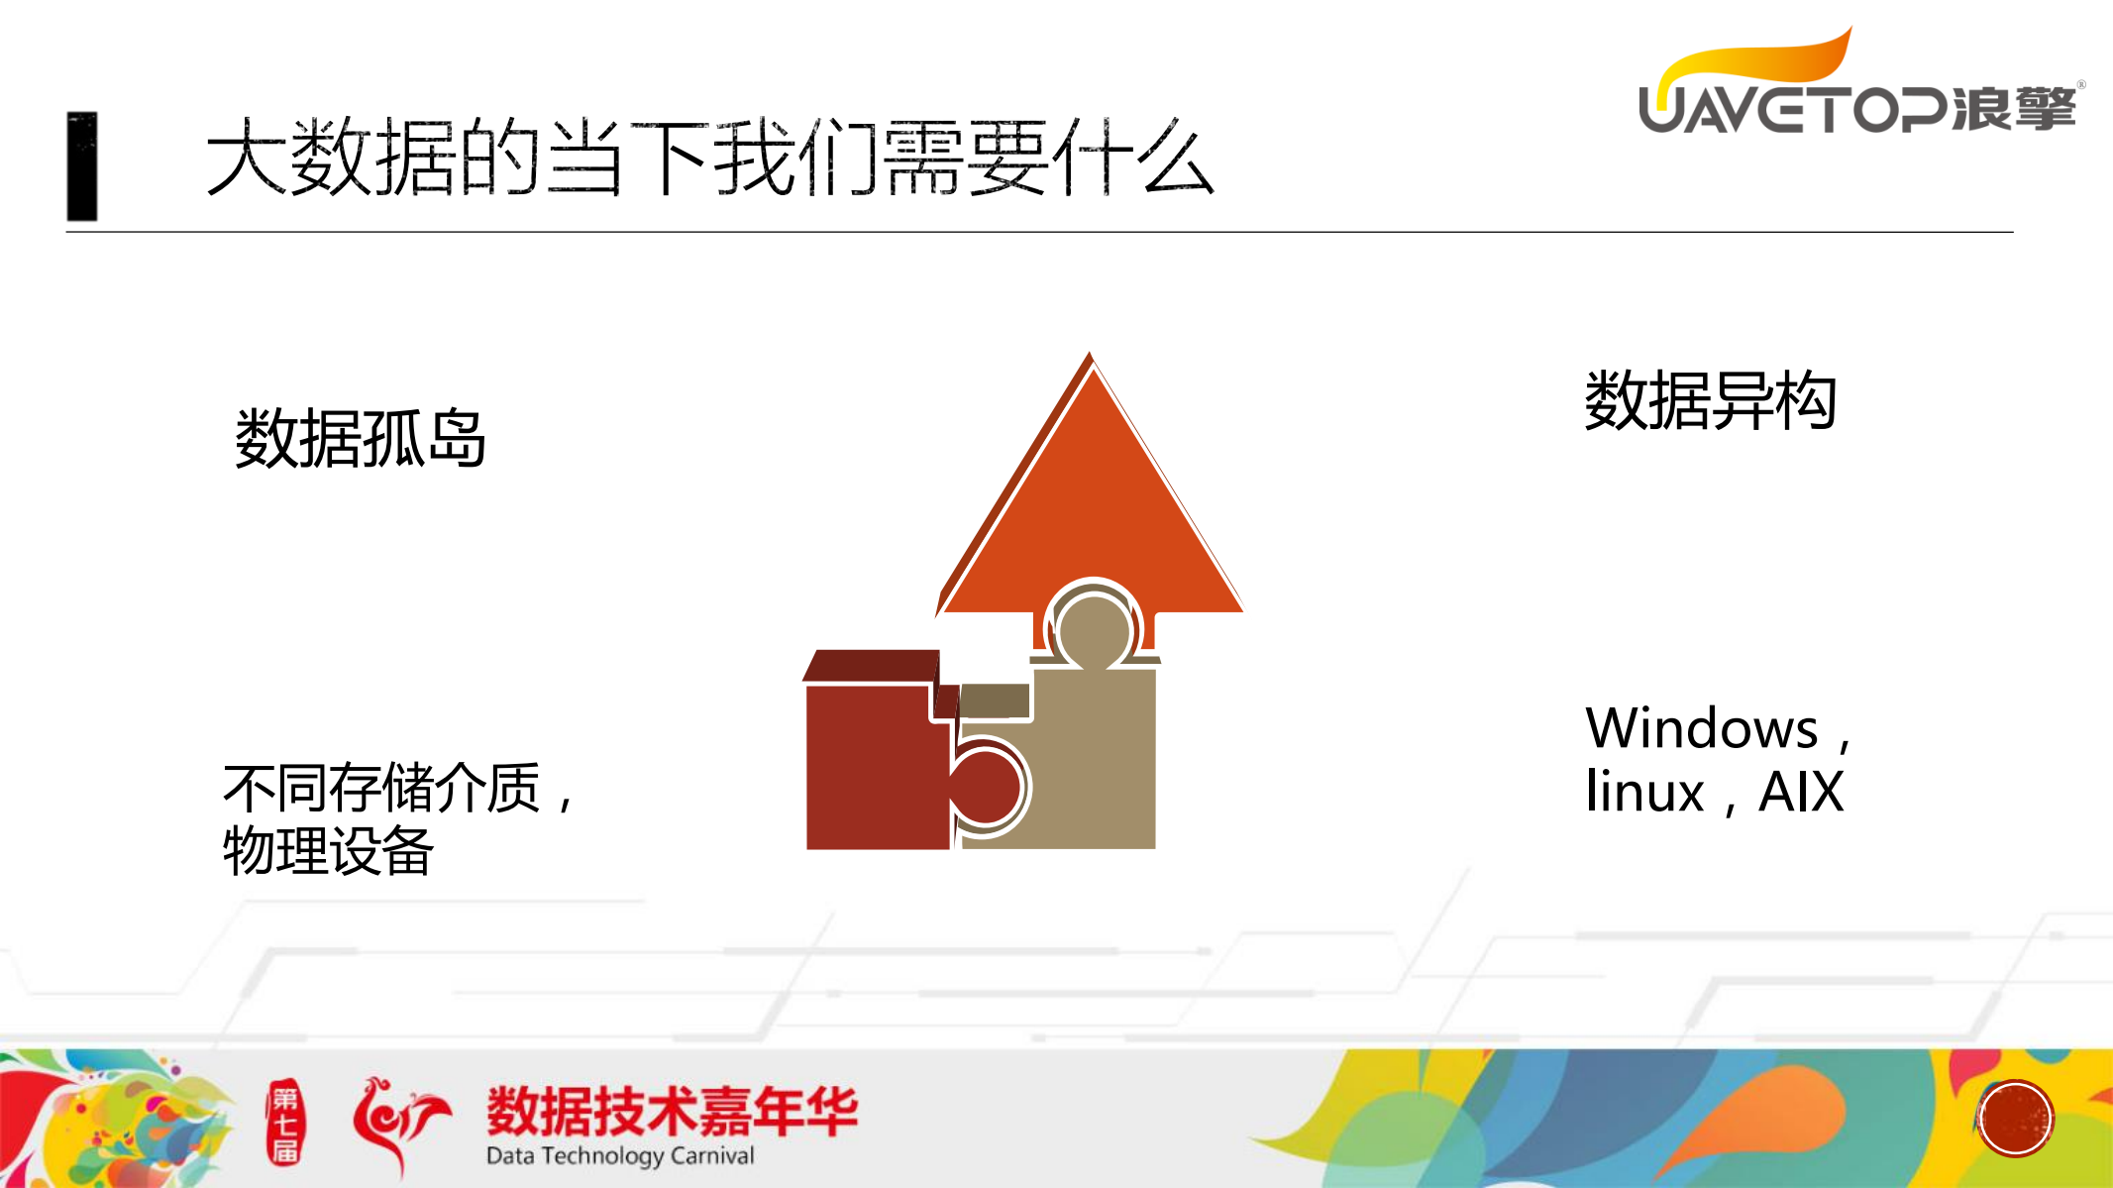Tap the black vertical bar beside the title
click(82, 165)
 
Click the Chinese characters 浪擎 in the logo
click(2013, 109)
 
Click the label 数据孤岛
click(361, 438)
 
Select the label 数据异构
click(1711, 401)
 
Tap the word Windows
click(1702, 729)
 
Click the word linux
click(1644, 793)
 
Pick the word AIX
click(1801, 793)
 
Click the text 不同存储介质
click(382, 789)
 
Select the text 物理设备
click(328, 851)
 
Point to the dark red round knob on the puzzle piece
click(988, 785)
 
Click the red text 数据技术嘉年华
click(672, 1111)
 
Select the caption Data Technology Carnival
click(620, 1156)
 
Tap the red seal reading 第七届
click(285, 1124)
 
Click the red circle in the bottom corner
click(2015, 1119)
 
